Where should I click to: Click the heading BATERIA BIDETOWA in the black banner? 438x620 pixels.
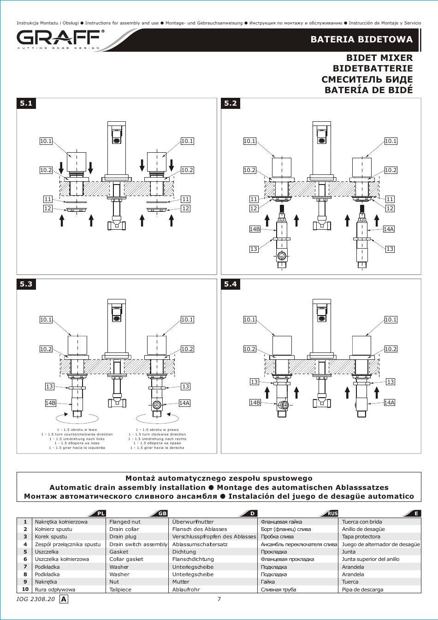(361, 40)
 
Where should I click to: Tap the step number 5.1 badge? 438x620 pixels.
(26, 103)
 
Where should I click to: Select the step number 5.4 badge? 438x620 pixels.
(231, 284)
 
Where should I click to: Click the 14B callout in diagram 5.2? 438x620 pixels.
(255, 229)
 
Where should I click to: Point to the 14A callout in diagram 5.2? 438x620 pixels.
(389, 229)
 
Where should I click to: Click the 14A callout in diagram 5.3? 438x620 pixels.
(184, 403)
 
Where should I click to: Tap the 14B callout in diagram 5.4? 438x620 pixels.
(255, 403)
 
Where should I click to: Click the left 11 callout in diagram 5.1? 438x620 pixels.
(48, 199)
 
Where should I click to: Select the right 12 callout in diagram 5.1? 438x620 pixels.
(185, 209)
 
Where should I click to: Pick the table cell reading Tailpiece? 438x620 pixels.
(120, 590)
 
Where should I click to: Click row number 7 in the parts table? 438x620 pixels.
(25, 566)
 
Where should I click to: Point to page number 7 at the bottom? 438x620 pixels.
(219, 599)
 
